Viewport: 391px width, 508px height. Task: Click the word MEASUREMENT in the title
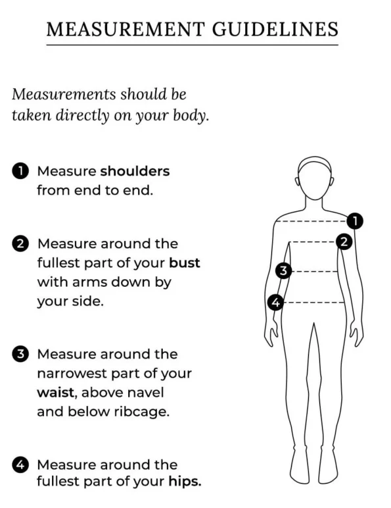tap(126, 29)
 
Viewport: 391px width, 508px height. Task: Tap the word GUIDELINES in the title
tap(275, 29)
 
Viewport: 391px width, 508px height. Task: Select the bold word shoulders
tap(135, 171)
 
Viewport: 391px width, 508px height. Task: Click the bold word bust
tap(185, 263)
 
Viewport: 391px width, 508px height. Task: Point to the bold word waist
tap(56, 392)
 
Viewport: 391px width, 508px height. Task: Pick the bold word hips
tap(185, 482)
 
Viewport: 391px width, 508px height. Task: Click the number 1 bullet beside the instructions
tap(20, 171)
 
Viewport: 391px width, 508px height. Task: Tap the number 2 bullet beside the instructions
tap(20, 243)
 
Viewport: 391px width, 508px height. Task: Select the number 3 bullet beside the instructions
tap(20, 354)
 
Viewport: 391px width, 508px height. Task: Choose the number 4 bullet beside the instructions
tap(20, 465)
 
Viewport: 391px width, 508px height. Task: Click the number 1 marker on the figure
tap(355, 221)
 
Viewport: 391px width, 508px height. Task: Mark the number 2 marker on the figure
tap(344, 241)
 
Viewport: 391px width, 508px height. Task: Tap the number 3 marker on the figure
tap(283, 270)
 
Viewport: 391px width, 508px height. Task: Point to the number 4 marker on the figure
tap(275, 302)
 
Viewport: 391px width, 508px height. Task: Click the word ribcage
tap(142, 412)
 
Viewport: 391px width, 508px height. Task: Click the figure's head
tap(315, 178)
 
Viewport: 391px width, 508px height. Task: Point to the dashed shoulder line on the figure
tap(311, 222)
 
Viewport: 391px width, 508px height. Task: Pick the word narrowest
tap(72, 374)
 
